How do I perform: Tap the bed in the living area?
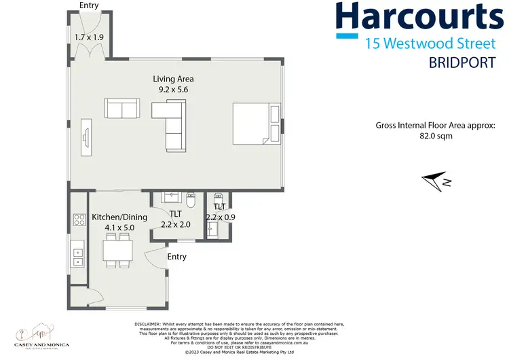pos(255,124)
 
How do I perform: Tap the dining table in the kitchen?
pos(117,252)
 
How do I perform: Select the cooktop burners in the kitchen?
pos(77,220)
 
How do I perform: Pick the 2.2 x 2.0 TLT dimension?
pos(176,223)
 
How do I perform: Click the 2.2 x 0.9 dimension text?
pos(220,217)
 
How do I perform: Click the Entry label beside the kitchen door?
pos(177,257)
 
